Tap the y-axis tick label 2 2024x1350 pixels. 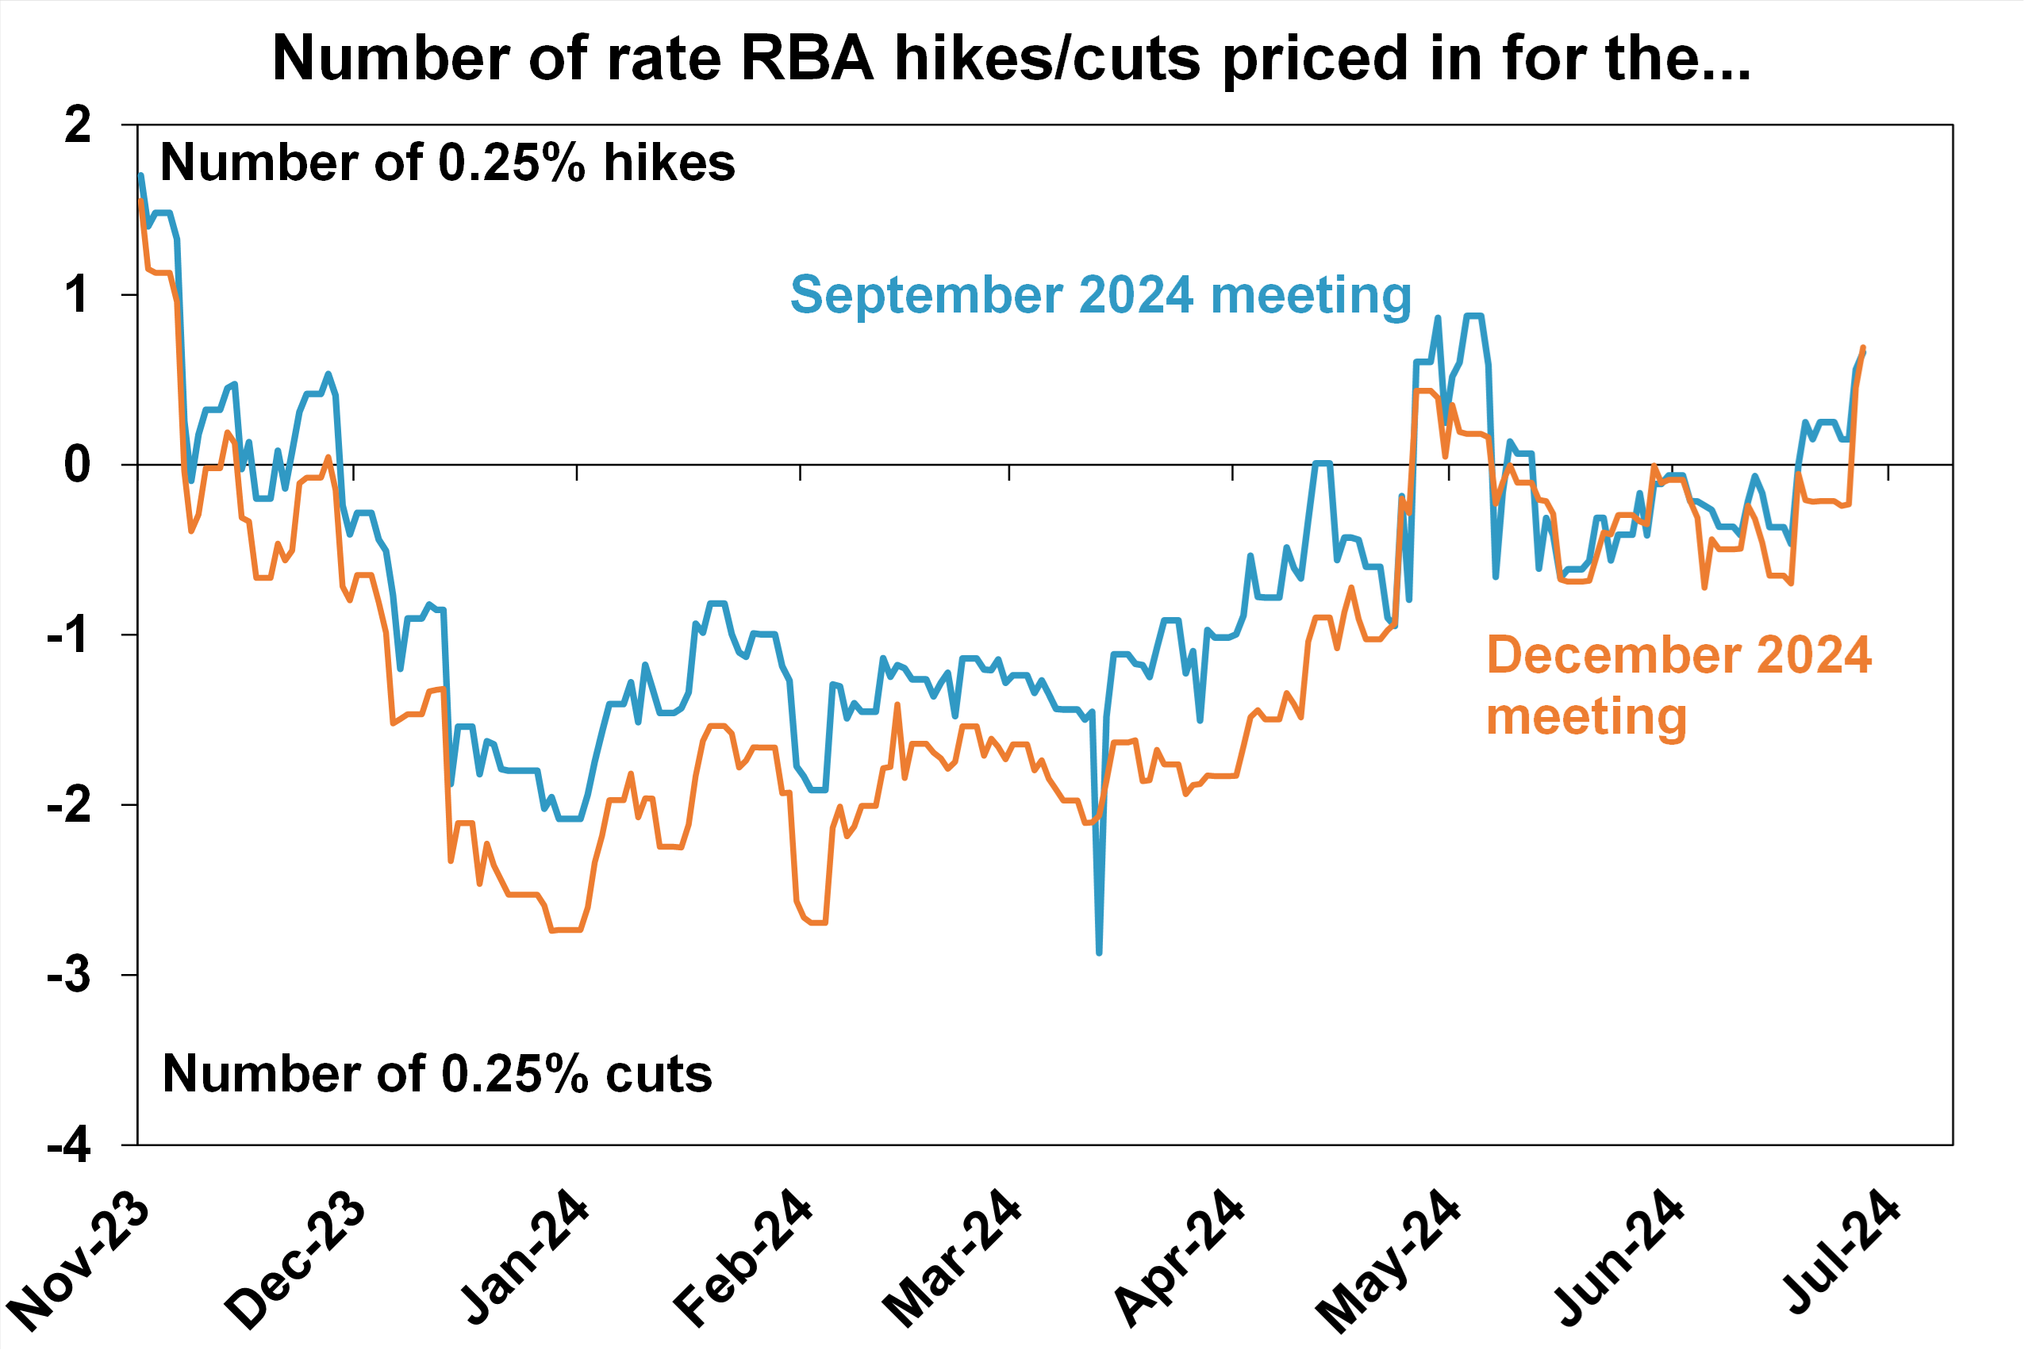78,125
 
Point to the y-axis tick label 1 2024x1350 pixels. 78,295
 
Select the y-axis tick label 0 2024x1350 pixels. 78,465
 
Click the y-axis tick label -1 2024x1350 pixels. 68,635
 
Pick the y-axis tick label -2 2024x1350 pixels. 68,805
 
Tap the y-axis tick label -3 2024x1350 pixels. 68,975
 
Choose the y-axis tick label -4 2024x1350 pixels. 68,1145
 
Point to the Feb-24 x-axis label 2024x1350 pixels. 743,1259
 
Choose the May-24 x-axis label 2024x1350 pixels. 1388,1260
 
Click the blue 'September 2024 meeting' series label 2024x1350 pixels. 1100,295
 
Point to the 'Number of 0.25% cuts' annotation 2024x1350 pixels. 437,1074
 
